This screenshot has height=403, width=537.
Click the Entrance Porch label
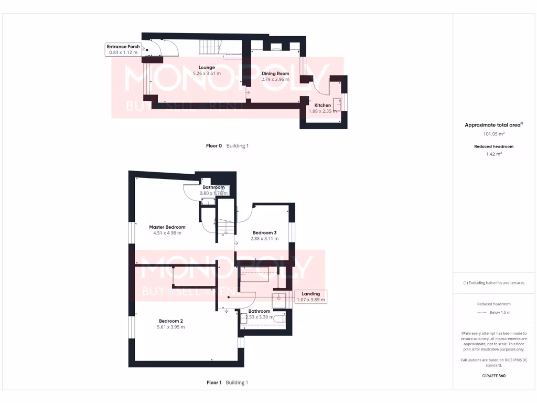[123, 47]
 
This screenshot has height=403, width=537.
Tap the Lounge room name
[207, 67]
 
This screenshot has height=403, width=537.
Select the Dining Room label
[275, 73]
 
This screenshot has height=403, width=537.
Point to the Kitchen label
[323, 105]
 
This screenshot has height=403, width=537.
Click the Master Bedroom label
[167, 227]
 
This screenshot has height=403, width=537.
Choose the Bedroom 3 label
[264, 232]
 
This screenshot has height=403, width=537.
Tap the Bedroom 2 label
[171, 321]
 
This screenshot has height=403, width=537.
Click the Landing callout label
[312, 294]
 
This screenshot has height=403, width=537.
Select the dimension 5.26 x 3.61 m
[207, 73]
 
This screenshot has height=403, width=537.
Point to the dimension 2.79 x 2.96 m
[275, 80]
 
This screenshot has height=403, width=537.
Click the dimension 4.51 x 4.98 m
[167, 233]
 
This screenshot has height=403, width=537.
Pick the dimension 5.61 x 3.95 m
[171, 327]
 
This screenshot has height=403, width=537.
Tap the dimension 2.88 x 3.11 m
[264, 239]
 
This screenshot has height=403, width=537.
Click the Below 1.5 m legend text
[499, 312]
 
